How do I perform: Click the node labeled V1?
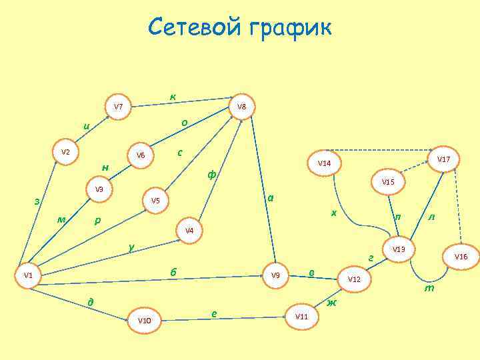tap(28, 275)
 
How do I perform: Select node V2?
tap(65, 153)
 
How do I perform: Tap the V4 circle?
tap(189, 231)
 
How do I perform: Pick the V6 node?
tap(141, 155)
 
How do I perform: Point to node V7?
tap(118, 107)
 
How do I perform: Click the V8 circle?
tap(241, 107)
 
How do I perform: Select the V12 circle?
tap(354, 279)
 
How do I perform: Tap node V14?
tap(324, 163)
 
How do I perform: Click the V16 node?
tap(461, 257)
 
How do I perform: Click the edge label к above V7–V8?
tap(173, 97)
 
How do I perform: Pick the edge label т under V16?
tap(430, 289)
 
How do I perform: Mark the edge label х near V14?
tap(334, 213)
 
